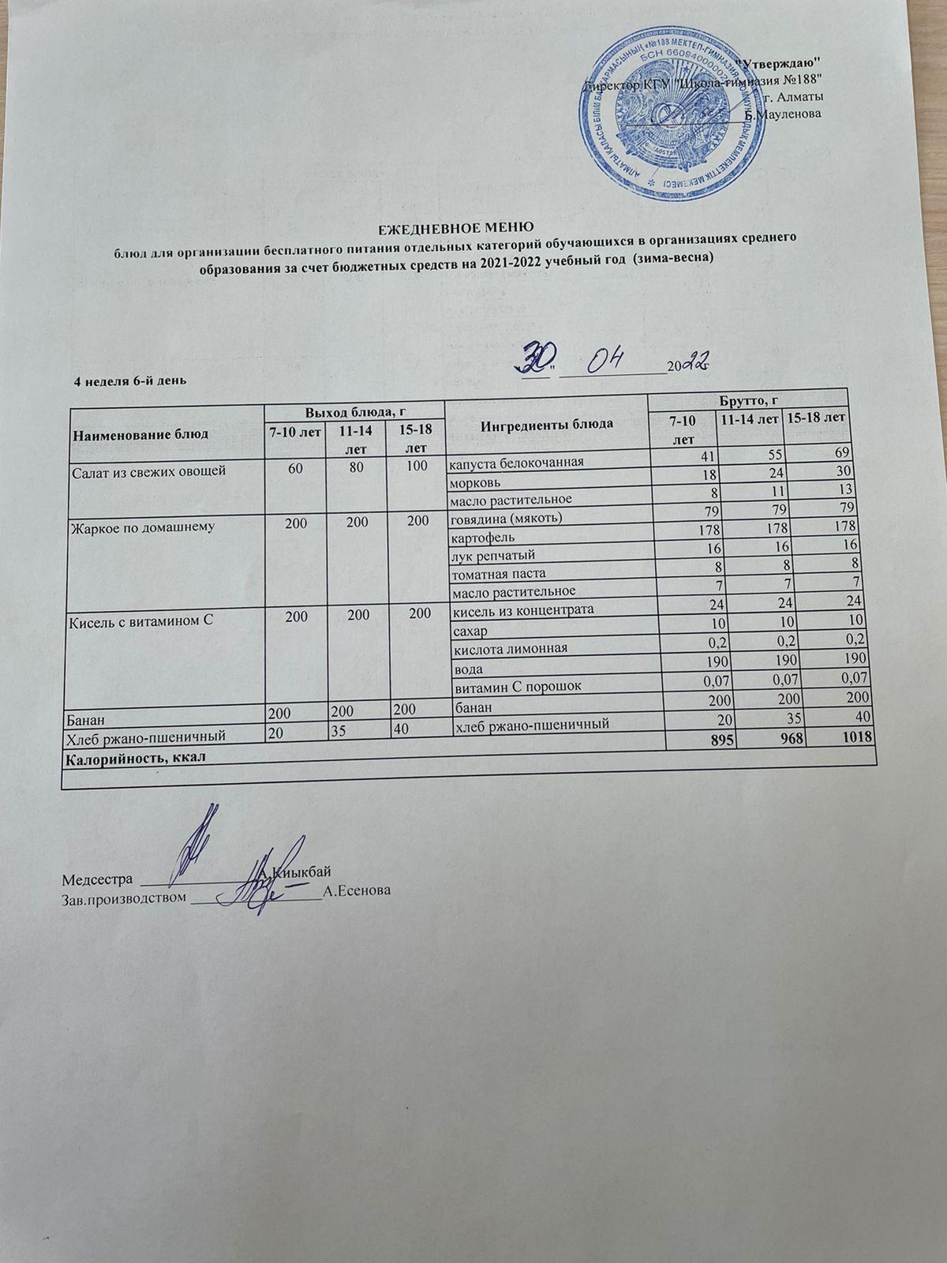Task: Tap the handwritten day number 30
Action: click(x=530, y=360)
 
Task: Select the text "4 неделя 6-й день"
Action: click(x=129, y=380)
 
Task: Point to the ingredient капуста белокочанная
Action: click(x=516, y=463)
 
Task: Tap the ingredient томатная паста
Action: click(x=497, y=573)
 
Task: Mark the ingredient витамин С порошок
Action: click(x=516, y=685)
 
